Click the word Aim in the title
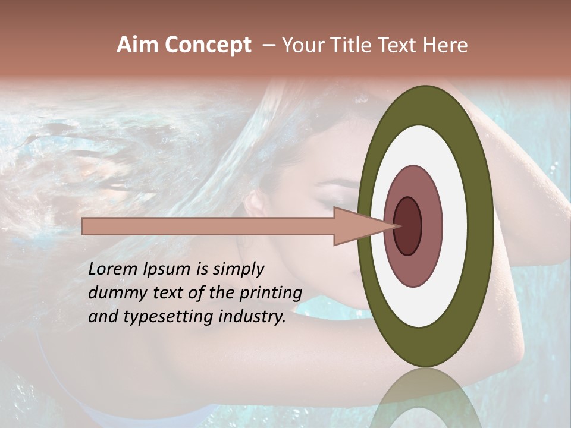[137, 45]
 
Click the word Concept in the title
[208, 45]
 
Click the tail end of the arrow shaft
[84, 226]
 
